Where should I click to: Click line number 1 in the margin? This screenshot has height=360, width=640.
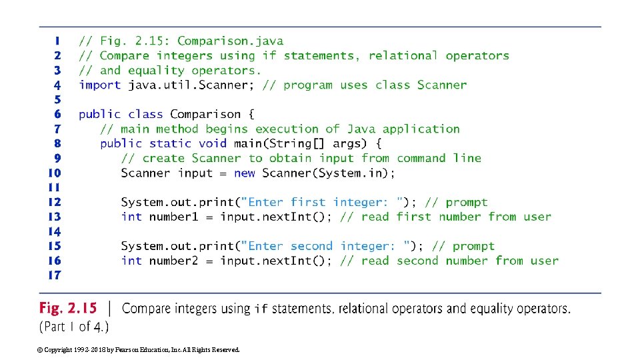point(57,41)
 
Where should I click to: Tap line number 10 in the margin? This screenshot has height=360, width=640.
point(55,173)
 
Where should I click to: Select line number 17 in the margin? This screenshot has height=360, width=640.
point(55,275)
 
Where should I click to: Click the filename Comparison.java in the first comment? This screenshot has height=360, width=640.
point(230,41)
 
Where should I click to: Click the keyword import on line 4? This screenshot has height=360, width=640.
point(100,85)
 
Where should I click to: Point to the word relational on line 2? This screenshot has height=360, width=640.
point(403,56)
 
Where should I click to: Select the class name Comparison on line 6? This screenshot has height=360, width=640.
point(205,114)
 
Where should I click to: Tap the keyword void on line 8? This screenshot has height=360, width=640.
point(213,143)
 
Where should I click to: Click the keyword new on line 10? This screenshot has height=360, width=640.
point(245,173)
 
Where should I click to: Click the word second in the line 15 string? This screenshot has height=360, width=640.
point(311,246)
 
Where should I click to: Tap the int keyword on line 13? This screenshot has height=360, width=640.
point(131,217)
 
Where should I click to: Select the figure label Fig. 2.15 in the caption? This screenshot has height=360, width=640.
point(68,308)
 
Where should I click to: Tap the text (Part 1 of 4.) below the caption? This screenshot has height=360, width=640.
point(74,327)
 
